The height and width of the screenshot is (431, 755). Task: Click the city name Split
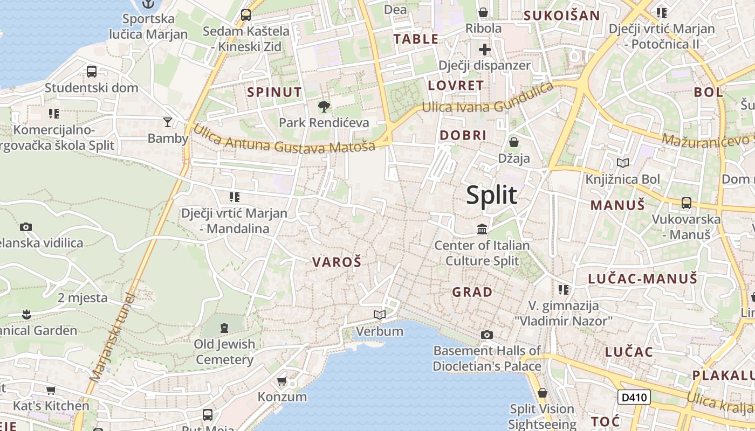point(491,195)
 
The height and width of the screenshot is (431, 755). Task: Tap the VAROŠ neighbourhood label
point(337,262)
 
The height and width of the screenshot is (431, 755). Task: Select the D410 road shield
point(634,398)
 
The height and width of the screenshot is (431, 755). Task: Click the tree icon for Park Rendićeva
point(324,107)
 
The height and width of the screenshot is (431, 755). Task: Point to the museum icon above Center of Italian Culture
point(482,230)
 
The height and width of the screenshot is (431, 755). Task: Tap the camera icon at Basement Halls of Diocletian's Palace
point(486,335)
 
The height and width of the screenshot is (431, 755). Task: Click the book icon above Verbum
point(380,315)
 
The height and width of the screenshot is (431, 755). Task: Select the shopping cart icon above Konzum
point(282,381)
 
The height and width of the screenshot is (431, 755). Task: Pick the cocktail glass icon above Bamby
point(168,122)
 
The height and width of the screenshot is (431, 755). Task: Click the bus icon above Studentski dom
point(92,71)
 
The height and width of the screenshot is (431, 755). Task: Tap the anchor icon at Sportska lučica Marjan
point(148,4)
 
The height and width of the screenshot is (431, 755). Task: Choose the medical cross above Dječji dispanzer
point(485,50)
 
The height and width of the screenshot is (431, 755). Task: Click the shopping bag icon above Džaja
point(514,142)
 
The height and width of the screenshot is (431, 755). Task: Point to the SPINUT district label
point(274,92)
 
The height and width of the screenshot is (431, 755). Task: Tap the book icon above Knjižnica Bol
point(623,163)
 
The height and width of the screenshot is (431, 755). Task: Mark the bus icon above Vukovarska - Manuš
point(686,203)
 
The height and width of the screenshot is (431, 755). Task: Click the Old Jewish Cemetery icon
point(224,327)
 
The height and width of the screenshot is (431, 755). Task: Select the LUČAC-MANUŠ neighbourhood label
point(643,279)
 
